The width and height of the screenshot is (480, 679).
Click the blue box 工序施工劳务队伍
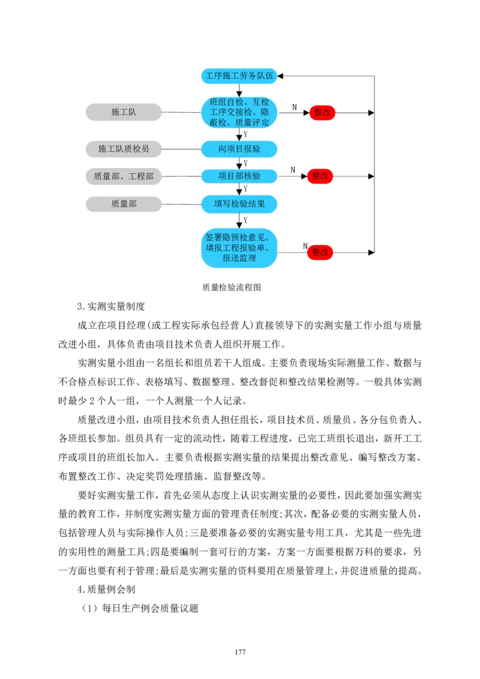point(239,76)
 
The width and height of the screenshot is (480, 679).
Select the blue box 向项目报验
point(239,148)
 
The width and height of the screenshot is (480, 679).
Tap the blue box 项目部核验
point(239,176)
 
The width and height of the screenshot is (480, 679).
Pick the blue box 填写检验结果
point(239,204)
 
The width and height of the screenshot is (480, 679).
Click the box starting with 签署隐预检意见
point(239,247)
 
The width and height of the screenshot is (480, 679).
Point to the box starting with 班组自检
point(239,112)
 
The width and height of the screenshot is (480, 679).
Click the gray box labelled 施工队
point(124,112)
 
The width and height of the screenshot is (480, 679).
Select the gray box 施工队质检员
point(124,148)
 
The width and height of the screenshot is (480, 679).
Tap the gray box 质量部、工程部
point(124,176)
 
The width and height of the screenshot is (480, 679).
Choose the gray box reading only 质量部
point(124,204)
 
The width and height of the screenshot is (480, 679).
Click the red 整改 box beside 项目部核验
point(320,176)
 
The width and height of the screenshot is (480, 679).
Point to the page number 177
point(240,652)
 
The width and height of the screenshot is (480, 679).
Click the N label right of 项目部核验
point(293,170)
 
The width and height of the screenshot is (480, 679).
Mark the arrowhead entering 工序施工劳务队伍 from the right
point(282,76)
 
